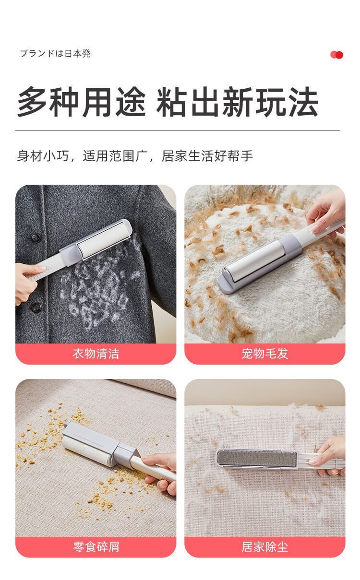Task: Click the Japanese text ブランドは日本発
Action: (x=55, y=54)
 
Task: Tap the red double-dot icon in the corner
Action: (x=336, y=55)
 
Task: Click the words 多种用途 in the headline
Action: (x=82, y=102)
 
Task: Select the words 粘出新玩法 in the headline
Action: (x=237, y=102)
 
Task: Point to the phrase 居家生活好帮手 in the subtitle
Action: (x=207, y=156)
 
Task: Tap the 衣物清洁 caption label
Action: (x=96, y=354)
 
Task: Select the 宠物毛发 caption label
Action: (x=264, y=354)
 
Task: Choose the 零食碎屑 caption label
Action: (x=96, y=546)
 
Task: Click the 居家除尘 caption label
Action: (x=264, y=546)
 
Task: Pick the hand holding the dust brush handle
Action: (x=331, y=456)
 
